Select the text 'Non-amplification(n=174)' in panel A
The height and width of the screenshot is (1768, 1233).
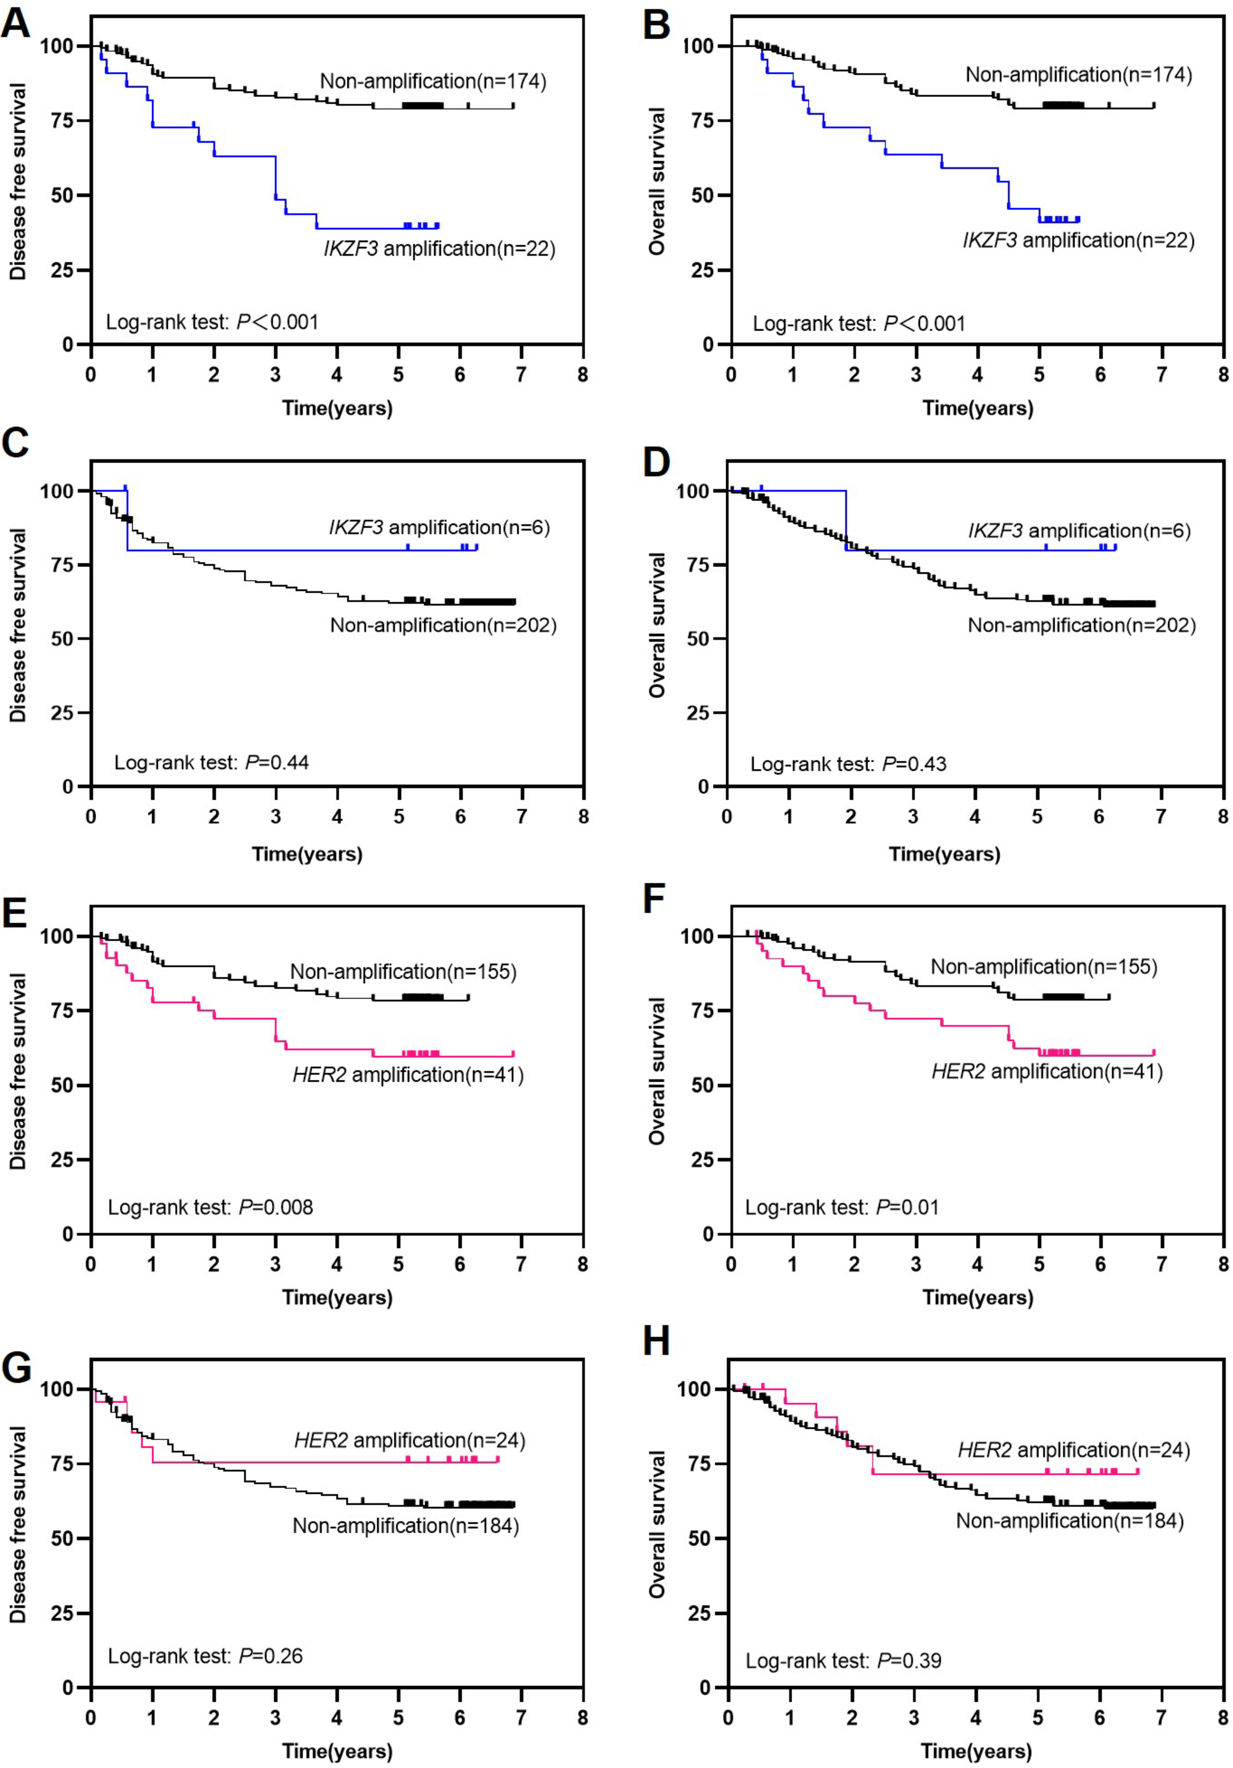point(433,81)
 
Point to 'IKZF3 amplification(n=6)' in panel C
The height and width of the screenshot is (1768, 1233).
point(439,527)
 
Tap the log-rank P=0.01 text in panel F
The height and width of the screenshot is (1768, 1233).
point(842,1207)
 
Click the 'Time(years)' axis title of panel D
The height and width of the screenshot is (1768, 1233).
point(944,854)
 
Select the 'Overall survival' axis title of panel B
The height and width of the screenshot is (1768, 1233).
point(656,181)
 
